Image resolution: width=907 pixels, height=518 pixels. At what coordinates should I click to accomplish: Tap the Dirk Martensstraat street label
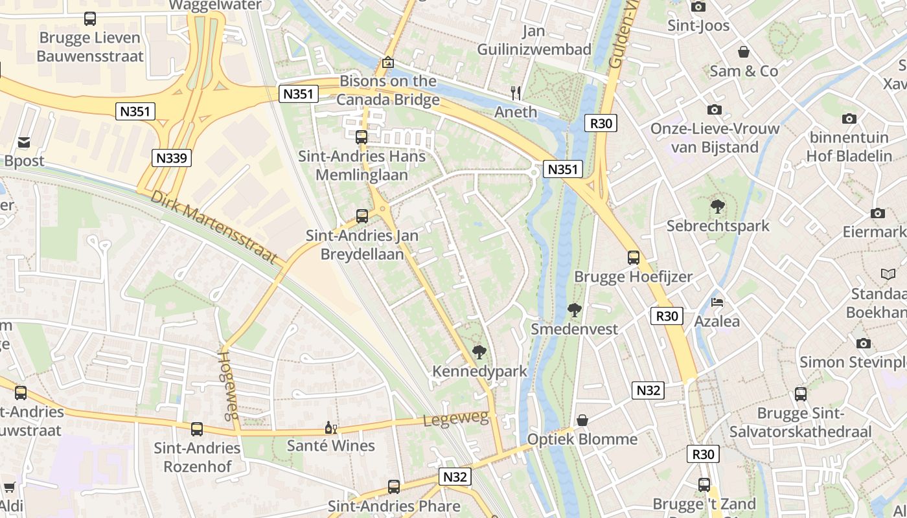(214, 227)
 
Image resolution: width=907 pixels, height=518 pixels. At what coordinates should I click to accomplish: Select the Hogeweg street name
(226, 386)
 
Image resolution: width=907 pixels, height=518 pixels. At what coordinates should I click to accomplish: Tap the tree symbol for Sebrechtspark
(717, 207)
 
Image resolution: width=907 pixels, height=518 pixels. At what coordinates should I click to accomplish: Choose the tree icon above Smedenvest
(574, 310)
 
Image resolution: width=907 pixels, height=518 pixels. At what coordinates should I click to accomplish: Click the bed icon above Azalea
(717, 302)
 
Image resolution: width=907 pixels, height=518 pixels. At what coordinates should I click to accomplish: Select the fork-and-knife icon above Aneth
(516, 93)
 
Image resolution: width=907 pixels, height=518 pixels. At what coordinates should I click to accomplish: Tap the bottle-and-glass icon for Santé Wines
(330, 427)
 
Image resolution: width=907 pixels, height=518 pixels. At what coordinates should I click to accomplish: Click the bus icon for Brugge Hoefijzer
(634, 258)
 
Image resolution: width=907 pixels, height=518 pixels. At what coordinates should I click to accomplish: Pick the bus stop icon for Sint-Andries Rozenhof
(197, 429)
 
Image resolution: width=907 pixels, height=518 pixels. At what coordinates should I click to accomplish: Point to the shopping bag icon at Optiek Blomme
(582, 421)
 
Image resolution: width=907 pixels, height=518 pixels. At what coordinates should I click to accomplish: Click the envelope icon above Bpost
(24, 142)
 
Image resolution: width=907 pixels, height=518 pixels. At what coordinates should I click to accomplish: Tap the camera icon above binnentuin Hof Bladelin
(849, 118)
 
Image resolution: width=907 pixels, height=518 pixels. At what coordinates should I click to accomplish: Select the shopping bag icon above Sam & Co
(744, 52)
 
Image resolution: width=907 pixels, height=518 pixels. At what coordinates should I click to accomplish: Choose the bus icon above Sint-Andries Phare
(394, 487)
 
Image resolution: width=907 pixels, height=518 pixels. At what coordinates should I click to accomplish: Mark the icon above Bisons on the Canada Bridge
(387, 63)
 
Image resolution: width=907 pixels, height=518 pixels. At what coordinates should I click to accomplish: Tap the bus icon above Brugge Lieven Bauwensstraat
(90, 19)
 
